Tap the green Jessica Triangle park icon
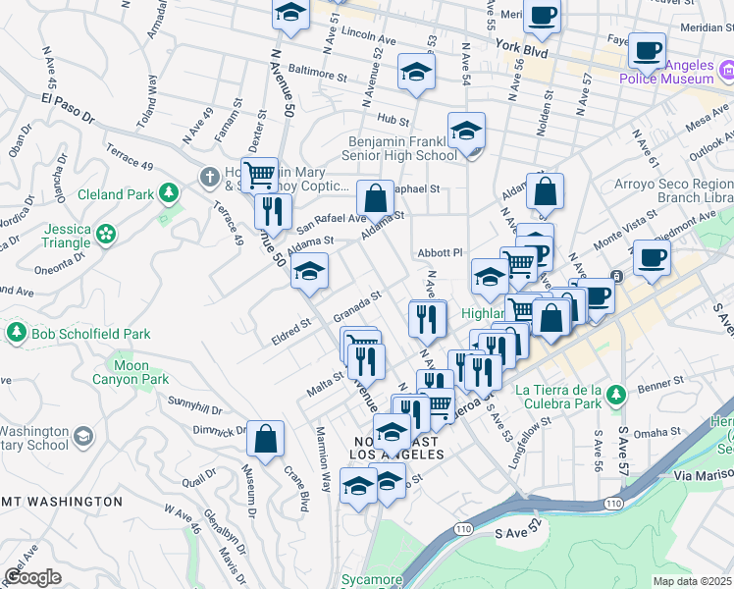click(x=105, y=234)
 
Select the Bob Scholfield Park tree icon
click(x=16, y=334)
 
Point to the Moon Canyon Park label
click(x=133, y=372)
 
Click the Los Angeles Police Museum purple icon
click(x=727, y=70)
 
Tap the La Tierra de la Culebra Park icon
click(x=615, y=396)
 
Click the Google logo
click(x=31, y=577)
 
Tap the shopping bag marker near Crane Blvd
click(x=265, y=440)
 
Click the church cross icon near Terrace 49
click(x=208, y=178)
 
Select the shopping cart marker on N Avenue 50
click(x=259, y=176)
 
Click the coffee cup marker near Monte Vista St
click(x=651, y=258)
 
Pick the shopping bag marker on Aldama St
click(x=375, y=198)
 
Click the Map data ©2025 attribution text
click(x=692, y=581)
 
